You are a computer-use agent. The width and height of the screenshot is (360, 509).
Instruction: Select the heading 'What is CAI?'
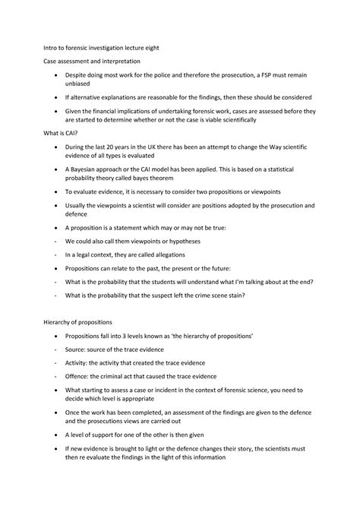pyautogui.click(x=62, y=132)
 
